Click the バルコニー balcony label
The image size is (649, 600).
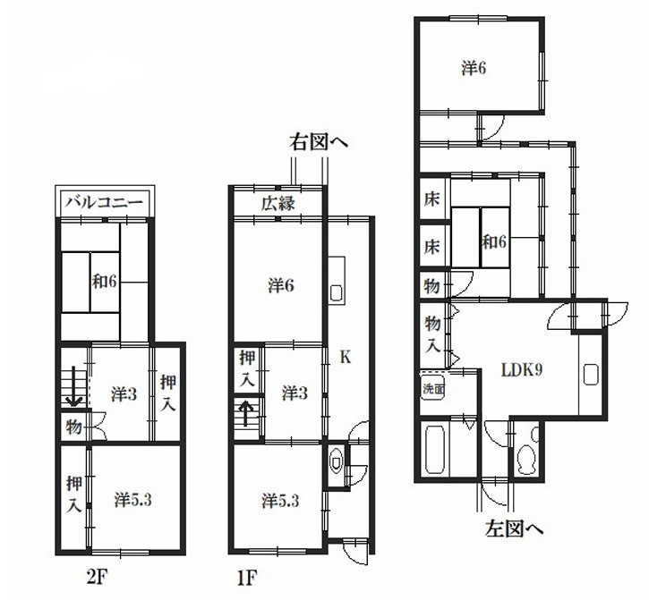coord(105,203)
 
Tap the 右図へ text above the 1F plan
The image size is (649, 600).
coord(319,143)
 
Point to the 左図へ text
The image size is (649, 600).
coord(514,528)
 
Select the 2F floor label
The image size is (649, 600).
coord(97,578)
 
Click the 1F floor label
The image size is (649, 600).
coord(247,578)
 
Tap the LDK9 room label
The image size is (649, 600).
coord(521,369)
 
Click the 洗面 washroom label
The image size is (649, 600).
coord(433,389)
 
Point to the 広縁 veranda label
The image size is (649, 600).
coord(278,204)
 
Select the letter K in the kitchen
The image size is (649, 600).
coord(346,357)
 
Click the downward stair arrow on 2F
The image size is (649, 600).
coord(74,386)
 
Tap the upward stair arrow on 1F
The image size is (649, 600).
coord(246,413)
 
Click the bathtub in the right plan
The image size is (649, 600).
coord(435,450)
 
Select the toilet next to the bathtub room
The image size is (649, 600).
coord(527,452)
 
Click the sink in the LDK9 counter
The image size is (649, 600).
coord(591,375)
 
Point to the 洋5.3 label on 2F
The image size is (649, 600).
coord(132,501)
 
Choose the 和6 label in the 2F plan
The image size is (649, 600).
coord(105,282)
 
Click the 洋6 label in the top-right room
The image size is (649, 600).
coord(474,68)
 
